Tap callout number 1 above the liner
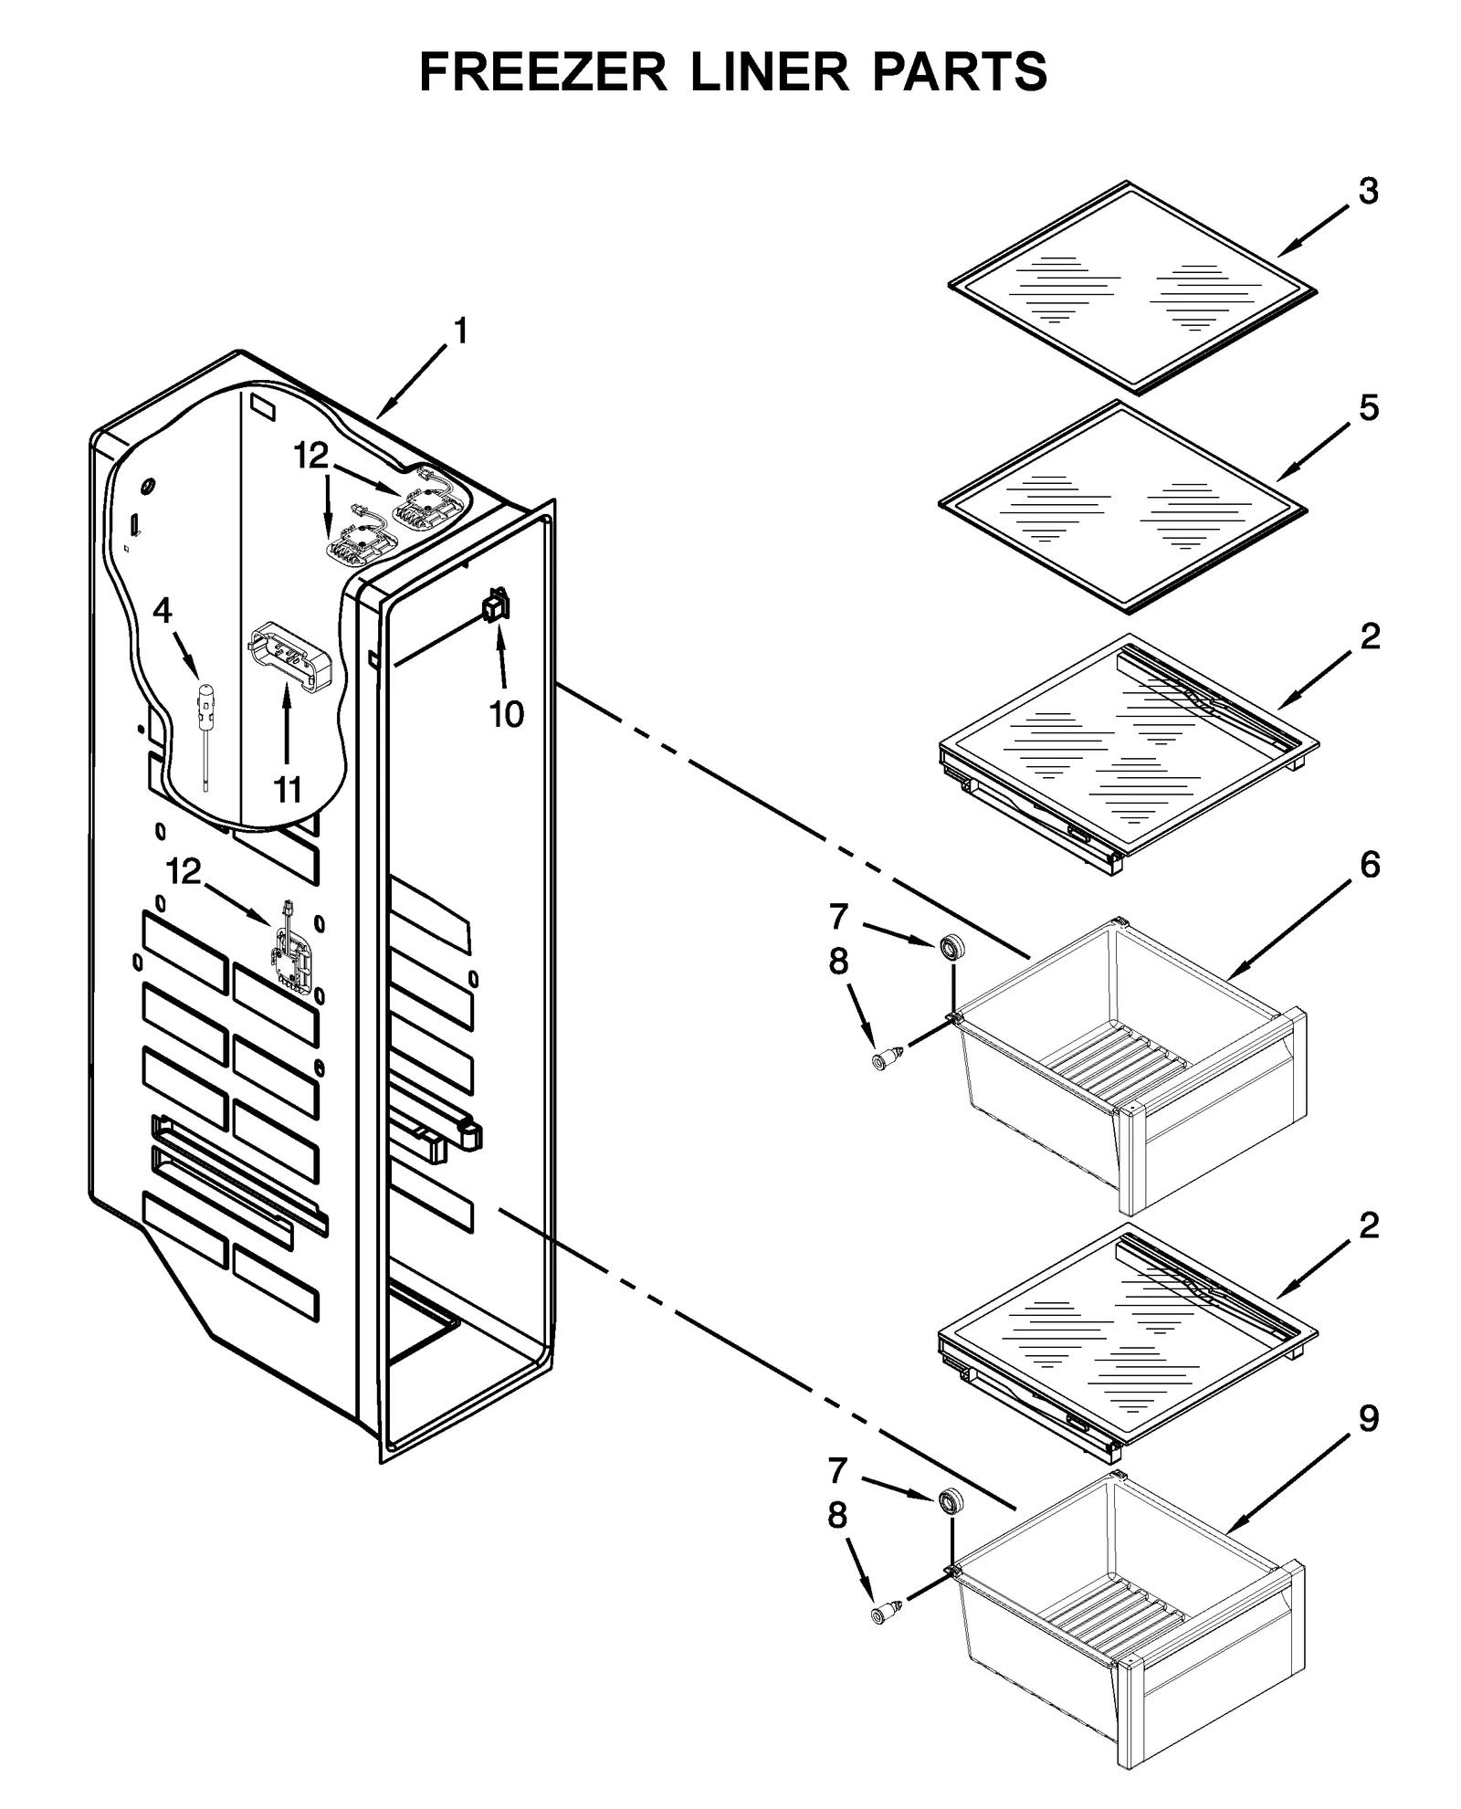[x=460, y=331]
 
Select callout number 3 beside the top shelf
[x=1367, y=192]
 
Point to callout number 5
[x=1368, y=408]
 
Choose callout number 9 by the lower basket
[x=1368, y=1418]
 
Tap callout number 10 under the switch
[x=506, y=714]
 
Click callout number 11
[x=288, y=789]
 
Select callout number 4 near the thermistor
[x=162, y=610]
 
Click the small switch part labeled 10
[x=497, y=605]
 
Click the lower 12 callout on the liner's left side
[x=184, y=872]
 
